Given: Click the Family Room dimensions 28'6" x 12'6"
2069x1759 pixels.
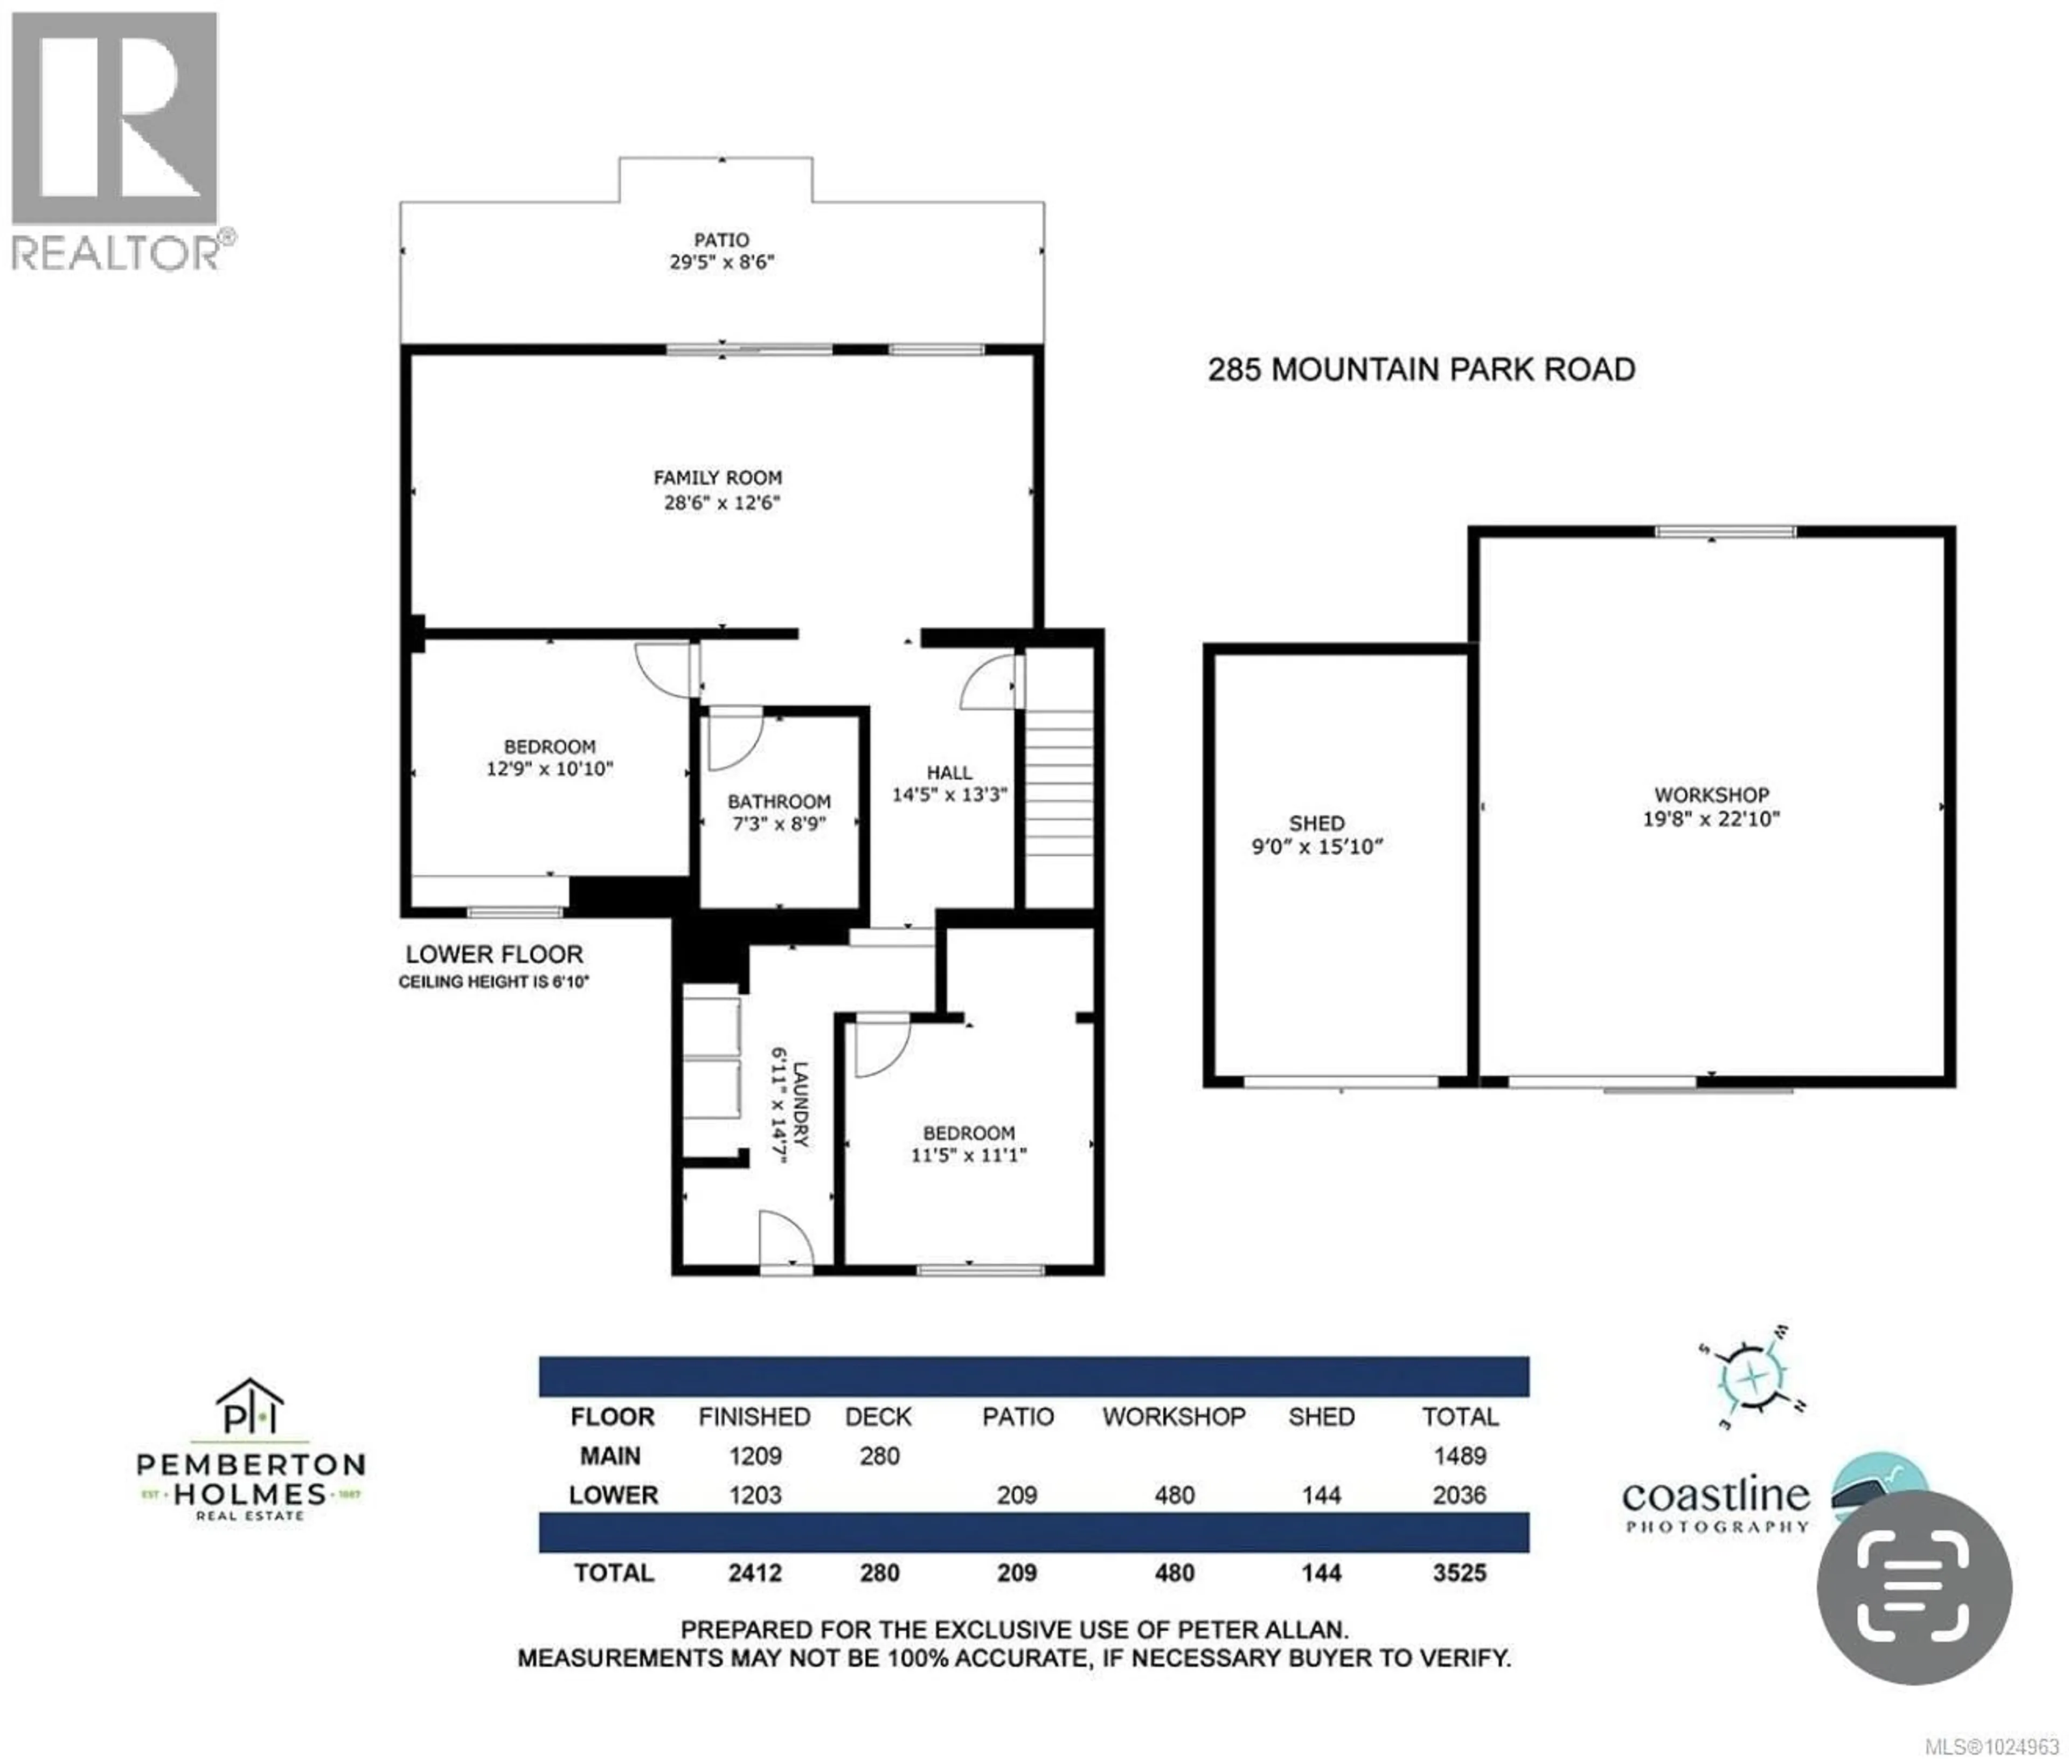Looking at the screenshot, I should click(721, 503).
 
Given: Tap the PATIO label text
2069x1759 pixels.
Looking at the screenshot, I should click(721, 239).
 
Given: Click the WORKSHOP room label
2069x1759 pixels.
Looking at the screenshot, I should click(1711, 795).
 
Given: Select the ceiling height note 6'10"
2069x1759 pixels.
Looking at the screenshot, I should click(494, 982).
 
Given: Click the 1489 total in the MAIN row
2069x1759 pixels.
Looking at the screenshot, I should click(1459, 1456).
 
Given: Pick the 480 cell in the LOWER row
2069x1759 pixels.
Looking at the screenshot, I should click(1174, 1495).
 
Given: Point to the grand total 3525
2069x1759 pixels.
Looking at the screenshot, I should click(1459, 1573).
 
